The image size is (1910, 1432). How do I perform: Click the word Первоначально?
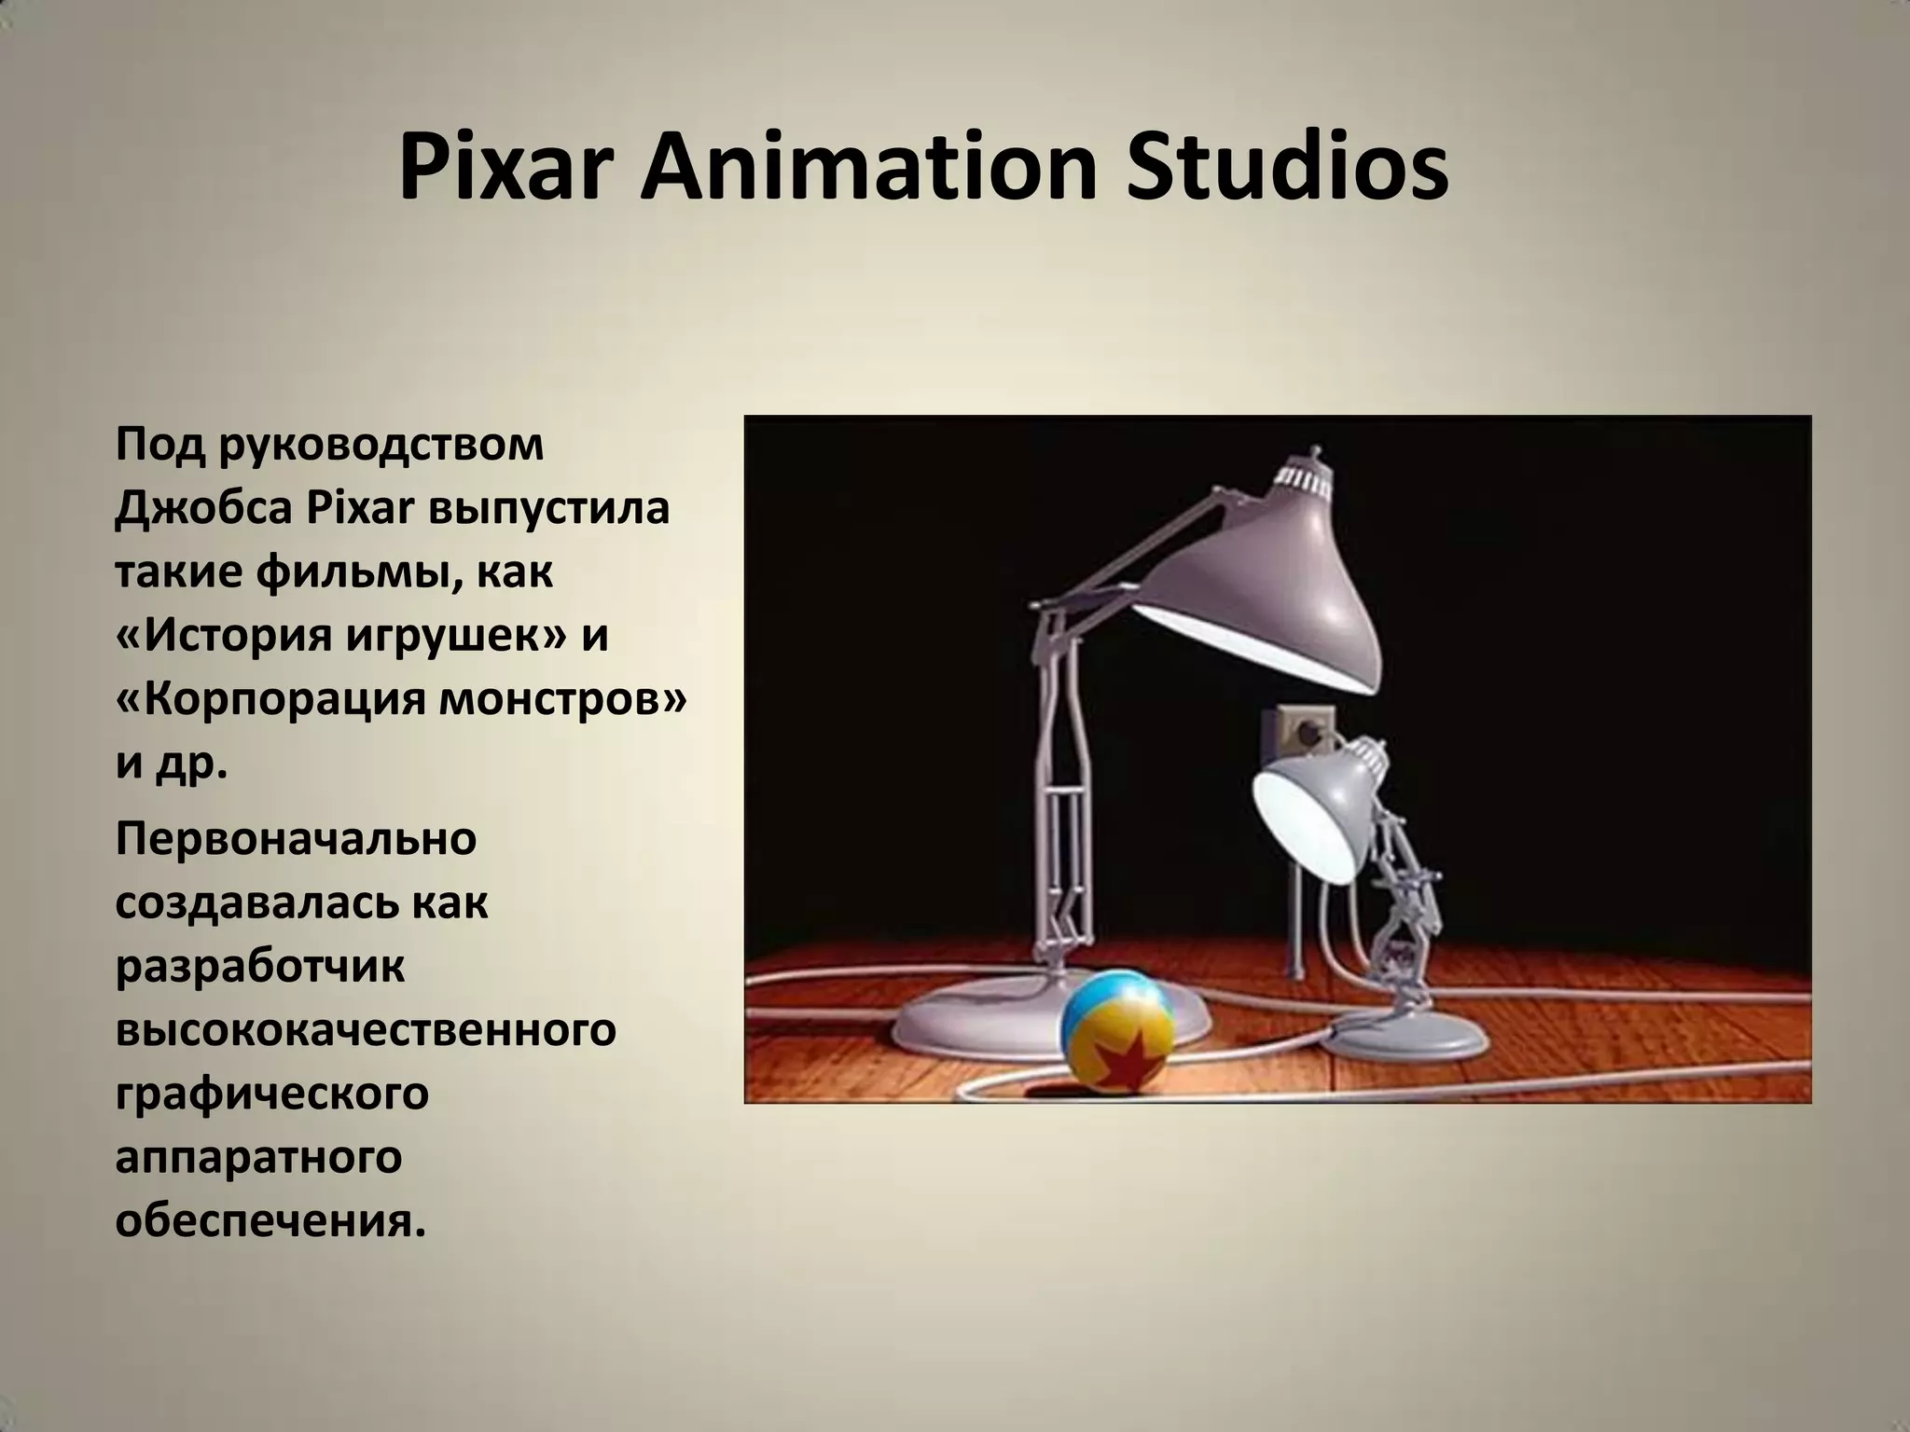[x=296, y=839]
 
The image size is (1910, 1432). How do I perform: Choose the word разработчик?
[x=260, y=967]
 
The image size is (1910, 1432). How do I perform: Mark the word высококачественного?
[x=366, y=1029]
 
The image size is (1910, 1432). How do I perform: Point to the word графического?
[x=271, y=1095]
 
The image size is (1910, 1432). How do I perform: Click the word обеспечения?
[x=270, y=1220]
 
